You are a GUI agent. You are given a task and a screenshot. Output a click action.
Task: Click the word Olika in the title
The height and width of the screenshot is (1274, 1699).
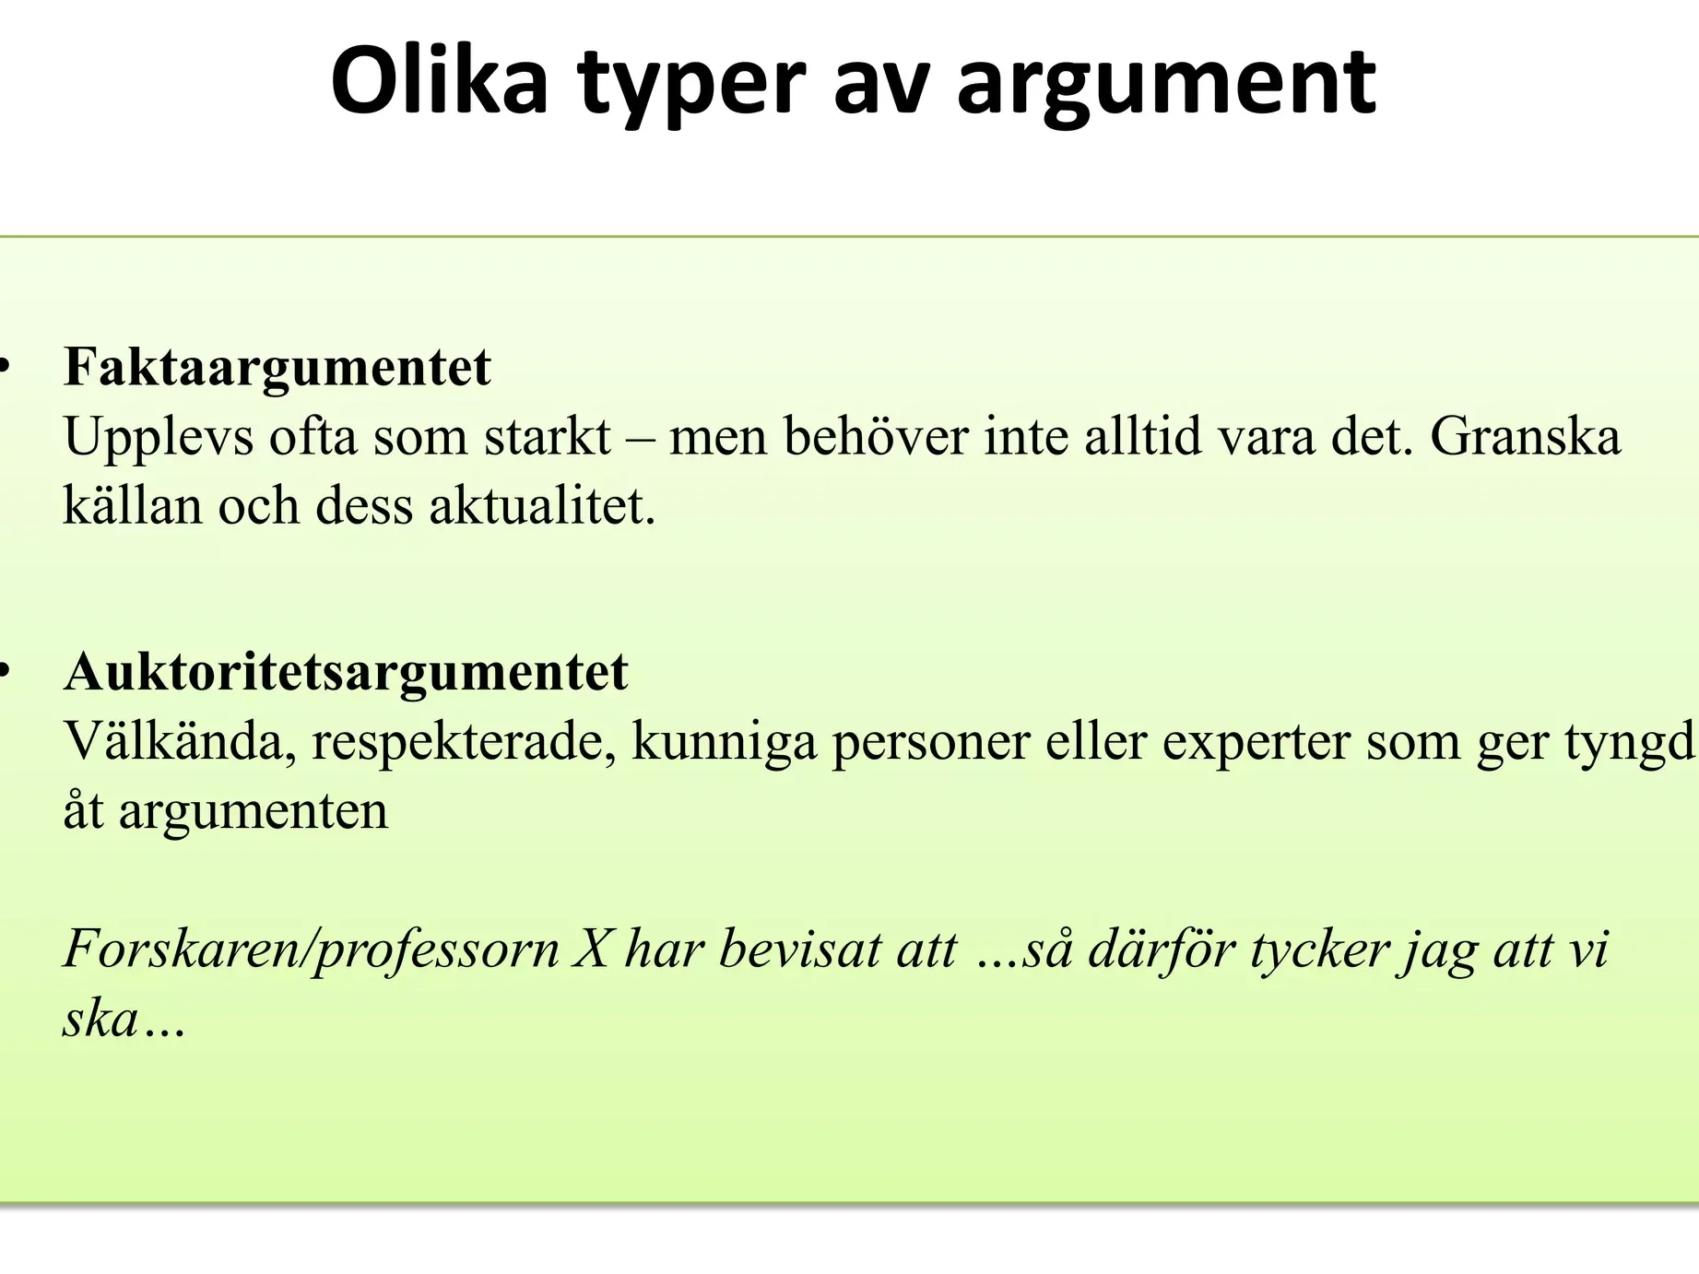[440, 81]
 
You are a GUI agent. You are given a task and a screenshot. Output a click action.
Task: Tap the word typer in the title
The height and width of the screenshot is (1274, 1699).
[691, 88]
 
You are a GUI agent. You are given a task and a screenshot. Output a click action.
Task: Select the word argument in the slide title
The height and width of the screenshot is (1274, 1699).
[1166, 88]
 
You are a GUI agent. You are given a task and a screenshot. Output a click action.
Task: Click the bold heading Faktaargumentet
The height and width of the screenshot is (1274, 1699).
[277, 367]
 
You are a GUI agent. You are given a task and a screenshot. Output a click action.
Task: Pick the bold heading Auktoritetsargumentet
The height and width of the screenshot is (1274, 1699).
[346, 671]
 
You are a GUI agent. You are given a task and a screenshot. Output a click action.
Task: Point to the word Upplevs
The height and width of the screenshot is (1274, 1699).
[158, 438]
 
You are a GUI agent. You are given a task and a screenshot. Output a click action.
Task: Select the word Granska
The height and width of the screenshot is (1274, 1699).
[1525, 436]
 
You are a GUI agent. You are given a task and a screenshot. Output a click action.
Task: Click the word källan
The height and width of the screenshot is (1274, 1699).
[133, 506]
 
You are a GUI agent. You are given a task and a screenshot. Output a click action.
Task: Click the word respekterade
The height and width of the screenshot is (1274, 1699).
[464, 743]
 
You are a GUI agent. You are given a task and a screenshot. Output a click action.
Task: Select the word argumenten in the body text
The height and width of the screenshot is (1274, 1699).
[254, 813]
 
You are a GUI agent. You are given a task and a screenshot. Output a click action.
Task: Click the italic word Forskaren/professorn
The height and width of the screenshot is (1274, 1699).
[311, 950]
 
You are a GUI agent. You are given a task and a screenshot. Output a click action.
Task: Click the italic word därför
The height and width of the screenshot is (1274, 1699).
[1162, 950]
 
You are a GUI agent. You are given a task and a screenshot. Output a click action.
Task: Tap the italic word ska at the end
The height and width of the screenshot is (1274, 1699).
[100, 1020]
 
